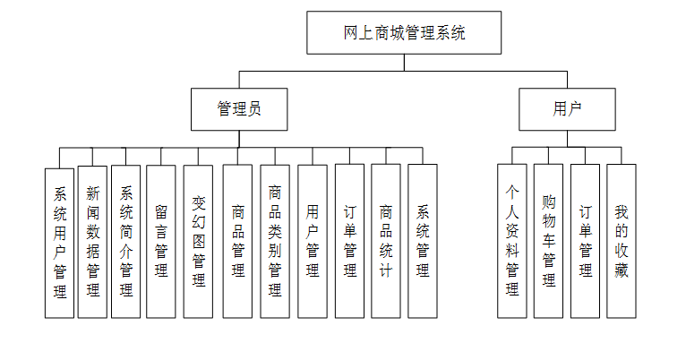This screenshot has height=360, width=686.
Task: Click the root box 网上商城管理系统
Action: click(404, 33)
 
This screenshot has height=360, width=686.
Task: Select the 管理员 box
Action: click(239, 109)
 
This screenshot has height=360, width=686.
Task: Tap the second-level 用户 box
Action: click(567, 109)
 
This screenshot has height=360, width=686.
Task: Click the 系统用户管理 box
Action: click(60, 242)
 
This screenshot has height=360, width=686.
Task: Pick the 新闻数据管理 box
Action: click(92, 242)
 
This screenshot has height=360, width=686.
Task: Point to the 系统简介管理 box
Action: click(126, 242)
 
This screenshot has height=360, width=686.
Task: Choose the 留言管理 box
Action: click(161, 242)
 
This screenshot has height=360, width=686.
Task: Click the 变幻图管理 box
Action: click(198, 242)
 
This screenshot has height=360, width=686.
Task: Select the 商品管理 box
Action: click(237, 242)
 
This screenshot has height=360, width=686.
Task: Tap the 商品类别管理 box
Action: click(275, 242)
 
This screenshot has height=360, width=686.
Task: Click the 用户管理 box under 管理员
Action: click(313, 242)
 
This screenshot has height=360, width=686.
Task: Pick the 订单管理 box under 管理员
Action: click(349, 242)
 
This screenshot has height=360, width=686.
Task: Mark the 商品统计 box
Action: click(386, 242)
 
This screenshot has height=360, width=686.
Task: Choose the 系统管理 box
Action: click(423, 242)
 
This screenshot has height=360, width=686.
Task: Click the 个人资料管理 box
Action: click(512, 242)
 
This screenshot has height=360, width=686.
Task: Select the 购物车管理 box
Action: click(548, 242)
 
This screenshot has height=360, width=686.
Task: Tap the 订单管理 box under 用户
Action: click(585, 242)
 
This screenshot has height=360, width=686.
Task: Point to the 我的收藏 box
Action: click(622, 242)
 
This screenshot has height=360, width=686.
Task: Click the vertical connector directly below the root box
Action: click(404, 62)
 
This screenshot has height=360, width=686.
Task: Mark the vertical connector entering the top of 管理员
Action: click(239, 79)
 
